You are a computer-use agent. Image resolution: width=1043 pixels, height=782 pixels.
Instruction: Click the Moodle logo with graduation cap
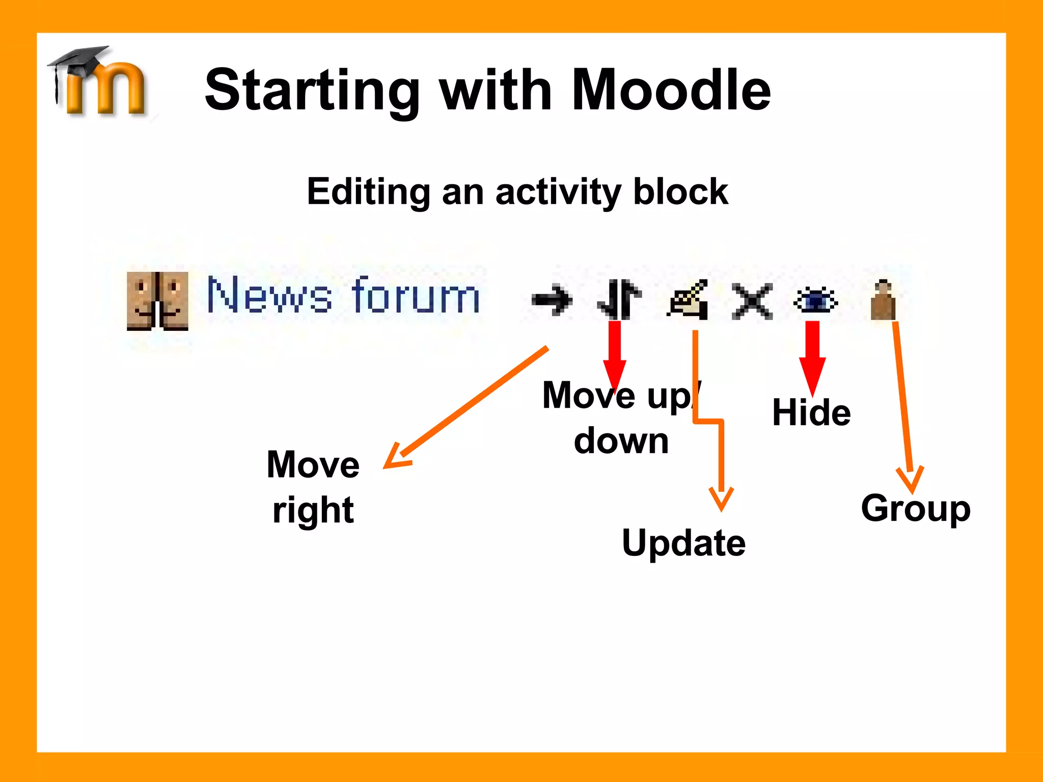99,81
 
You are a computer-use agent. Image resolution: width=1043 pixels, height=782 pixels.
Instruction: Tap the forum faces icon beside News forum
157,301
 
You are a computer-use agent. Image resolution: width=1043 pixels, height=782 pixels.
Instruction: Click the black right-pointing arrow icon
552,300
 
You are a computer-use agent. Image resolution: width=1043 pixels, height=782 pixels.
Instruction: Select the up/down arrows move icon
619,299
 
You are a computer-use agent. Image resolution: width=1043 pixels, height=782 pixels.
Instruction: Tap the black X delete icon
752,301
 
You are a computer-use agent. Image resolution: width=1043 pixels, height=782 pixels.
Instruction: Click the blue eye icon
815,300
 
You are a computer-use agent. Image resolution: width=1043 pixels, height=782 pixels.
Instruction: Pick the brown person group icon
883,300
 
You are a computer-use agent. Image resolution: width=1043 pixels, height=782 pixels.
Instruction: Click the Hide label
811,412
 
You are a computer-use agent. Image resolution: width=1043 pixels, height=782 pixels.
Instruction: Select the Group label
916,508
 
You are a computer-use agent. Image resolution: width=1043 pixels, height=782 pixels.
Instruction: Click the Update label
683,543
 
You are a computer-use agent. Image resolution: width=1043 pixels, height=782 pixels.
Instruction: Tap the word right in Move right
313,510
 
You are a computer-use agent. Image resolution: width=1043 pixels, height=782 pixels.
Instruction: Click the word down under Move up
621,441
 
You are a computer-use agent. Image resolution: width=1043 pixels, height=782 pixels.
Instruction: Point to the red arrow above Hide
812,356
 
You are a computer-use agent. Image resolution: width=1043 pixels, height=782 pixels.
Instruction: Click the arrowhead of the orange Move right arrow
394,458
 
